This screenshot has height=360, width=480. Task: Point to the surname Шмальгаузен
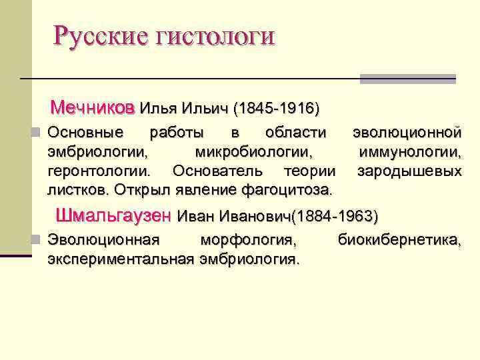click(x=114, y=216)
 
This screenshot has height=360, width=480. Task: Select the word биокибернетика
click(x=399, y=239)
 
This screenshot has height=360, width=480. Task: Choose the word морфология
click(x=249, y=239)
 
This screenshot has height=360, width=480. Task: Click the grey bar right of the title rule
click(x=407, y=79)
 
